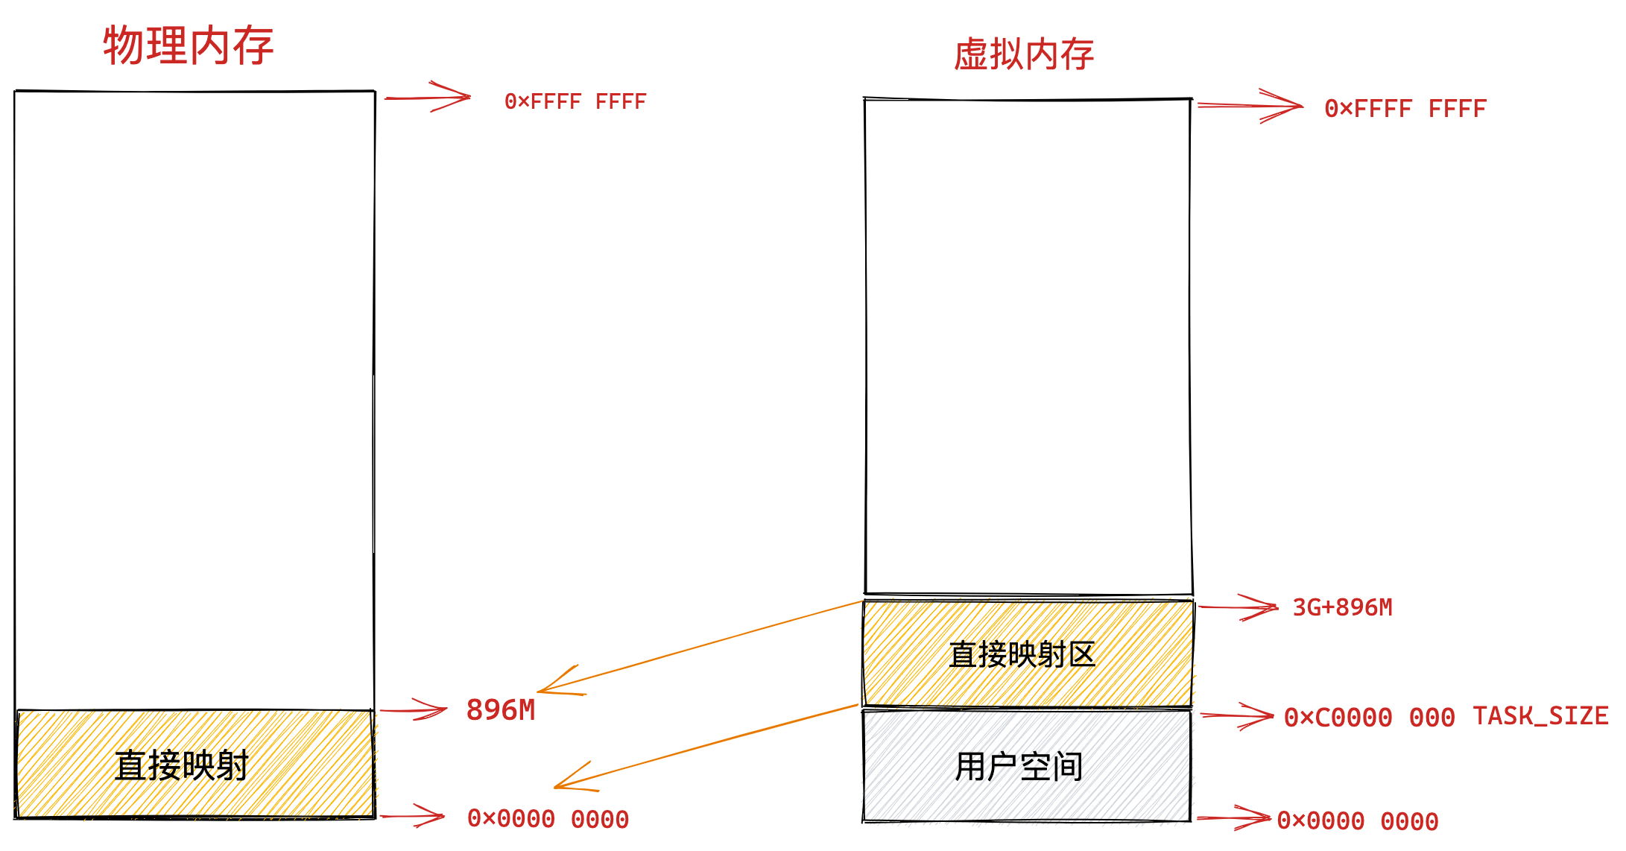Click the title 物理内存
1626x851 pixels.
189,45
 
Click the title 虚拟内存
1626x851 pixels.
1024,54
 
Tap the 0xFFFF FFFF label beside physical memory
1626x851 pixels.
575,101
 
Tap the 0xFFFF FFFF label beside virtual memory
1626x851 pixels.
1405,109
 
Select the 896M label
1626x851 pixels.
501,710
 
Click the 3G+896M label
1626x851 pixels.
1342,607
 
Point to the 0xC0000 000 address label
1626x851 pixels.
1369,718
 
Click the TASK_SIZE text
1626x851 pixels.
1540,716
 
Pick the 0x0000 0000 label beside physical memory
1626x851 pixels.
548,819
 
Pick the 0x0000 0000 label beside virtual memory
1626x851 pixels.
1357,821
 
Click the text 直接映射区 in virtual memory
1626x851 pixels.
1022,654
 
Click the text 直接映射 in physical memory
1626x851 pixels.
181,765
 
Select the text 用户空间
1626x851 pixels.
1019,766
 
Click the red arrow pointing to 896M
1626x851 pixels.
414,710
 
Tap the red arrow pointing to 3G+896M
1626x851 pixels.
1239,607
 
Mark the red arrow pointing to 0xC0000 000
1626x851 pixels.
1238,716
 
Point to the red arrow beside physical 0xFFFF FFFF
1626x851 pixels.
428,98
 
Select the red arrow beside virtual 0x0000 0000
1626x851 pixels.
1234,818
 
